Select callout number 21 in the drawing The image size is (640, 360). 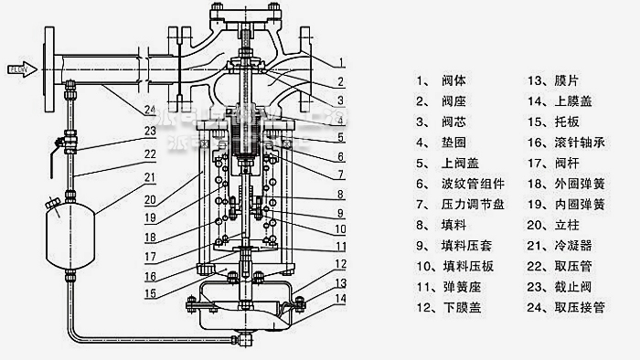point(149,177)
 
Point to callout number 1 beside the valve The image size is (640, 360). point(339,62)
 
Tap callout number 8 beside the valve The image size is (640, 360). point(339,195)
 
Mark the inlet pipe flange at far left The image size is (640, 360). point(46,68)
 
